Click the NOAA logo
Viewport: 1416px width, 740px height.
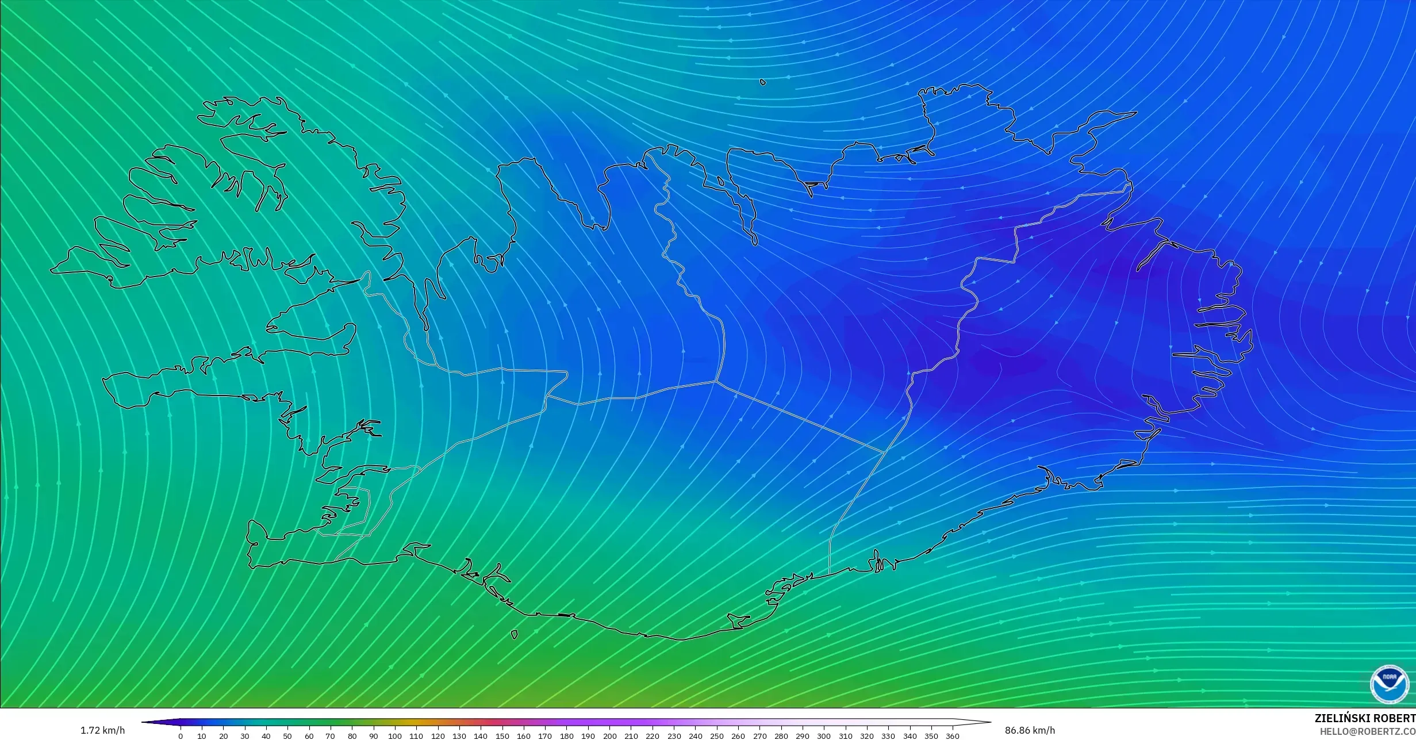click(1389, 684)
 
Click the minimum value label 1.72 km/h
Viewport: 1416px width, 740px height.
click(102, 730)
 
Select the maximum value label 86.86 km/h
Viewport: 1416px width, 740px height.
click(1030, 730)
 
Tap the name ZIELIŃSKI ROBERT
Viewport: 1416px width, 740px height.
click(1365, 718)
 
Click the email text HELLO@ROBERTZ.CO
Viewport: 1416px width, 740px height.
click(1367, 731)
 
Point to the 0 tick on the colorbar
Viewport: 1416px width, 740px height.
click(181, 736)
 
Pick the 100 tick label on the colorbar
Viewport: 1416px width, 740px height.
click(395, 736)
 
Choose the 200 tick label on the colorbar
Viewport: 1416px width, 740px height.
click(609, 736)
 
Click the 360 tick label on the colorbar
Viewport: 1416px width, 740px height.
click(953, 736)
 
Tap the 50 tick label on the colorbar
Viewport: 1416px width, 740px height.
click(287, 736)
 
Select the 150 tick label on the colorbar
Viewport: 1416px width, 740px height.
click(502, 736)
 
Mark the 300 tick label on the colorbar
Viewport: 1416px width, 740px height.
click(824, 736)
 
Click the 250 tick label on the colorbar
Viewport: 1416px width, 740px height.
click(717, 736)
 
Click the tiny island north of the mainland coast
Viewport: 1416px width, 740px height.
click(763, 82)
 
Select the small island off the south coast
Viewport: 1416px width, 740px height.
click(514, 635)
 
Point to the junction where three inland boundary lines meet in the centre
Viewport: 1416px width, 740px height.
click(716, 381)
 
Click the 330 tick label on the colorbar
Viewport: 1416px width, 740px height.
click(888, 736)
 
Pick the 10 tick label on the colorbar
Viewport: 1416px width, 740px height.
click(202, 736)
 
